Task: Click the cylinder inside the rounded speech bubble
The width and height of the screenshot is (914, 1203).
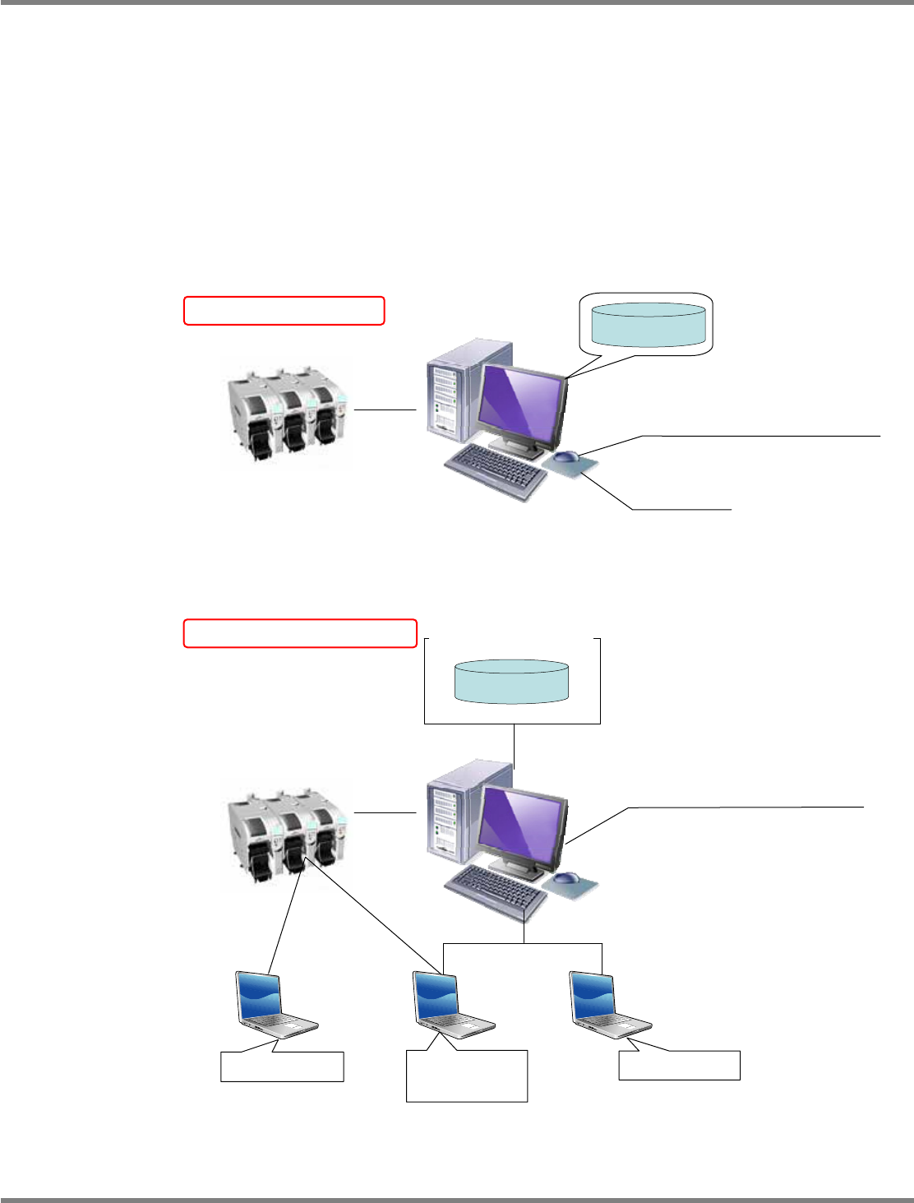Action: pyautogui.click(x=649, y=324)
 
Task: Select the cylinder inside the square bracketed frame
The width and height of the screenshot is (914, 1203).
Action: pyautogui.click(x=511, y=681)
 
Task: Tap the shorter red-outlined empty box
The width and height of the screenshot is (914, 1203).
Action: pyautogui.click(x=284, y=311)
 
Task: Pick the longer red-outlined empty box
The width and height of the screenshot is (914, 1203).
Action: pyautogui.click(x=300, y=633)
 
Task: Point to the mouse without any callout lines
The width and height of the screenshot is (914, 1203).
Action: pyautogui.click(x=566, y=878)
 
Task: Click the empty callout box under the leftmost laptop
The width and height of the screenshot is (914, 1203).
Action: pyautogui.click(x=282, y=1067)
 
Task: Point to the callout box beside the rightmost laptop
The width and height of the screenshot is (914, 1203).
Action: pyautogui.click(x=679, y=1065)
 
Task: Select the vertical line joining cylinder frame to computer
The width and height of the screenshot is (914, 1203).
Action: pyautogui.click(x=514, y=745)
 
